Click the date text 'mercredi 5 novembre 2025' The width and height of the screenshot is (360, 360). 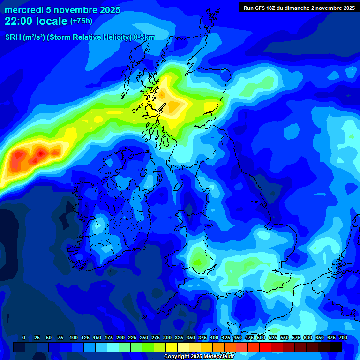coord(62,10)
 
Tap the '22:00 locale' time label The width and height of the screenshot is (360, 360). coord(36,21)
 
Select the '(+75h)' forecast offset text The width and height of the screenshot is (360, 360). coord(81,21)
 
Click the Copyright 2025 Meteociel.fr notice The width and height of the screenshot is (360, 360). coord(199,356)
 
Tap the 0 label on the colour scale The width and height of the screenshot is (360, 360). coord(24,337)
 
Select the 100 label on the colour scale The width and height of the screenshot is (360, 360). coord(73,337)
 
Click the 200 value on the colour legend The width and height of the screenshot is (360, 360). coord(120,337)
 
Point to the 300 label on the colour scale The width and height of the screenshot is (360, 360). coord(167,337)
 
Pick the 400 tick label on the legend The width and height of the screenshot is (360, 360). coord(214,337)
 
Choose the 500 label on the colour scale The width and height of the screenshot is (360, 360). coord(261,337)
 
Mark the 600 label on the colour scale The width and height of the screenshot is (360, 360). coord(308,337)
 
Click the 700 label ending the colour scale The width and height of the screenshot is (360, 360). coord(343,337)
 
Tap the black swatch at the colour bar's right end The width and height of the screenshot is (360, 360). coord(336,347)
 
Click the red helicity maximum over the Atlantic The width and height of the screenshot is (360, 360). coord(40,153)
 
